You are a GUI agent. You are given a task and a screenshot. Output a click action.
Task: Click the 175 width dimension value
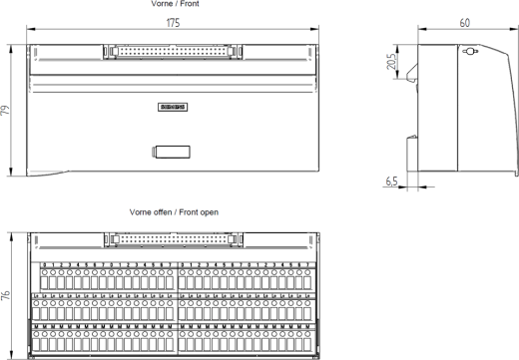pyautogui.click(x=174, y=22)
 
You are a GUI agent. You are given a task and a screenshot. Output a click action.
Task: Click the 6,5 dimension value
pyautogui.click(x=391, y=180)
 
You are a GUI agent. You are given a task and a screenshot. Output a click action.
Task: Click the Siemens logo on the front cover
pyautogui.click(x=173, y=107)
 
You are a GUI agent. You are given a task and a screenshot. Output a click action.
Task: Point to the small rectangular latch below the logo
pyautogui.click(x=172, y=152)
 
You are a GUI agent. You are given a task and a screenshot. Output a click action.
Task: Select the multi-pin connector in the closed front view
pyautogui.click(x=172, y=49)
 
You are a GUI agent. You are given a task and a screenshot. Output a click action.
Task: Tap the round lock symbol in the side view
pyautogui.click(x=471, y=52)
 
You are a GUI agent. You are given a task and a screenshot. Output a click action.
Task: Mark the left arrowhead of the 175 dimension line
pyautogui.click(x=29, y=30)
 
